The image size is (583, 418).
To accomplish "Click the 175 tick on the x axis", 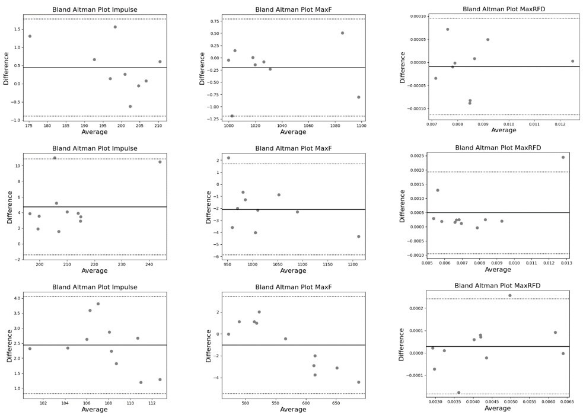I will pos(29,126).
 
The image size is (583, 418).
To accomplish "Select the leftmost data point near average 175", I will pos(30,36).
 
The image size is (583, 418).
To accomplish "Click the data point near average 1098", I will pos(358,97).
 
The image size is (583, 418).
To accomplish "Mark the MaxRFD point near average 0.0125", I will pos(572,61).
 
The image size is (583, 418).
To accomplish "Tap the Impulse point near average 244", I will pos(160,162).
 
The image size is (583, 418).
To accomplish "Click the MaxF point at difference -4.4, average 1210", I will pos(358,237).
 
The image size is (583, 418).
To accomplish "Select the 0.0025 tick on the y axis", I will pos(414,156).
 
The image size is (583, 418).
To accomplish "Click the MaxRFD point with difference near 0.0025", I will pos(563,157).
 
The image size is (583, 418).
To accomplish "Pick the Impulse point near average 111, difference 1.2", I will pos(141,382).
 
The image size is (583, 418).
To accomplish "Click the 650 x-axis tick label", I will pos(336,403).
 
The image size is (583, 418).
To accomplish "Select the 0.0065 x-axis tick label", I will pos(566,401).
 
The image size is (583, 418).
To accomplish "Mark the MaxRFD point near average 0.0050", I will pos(509,295).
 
